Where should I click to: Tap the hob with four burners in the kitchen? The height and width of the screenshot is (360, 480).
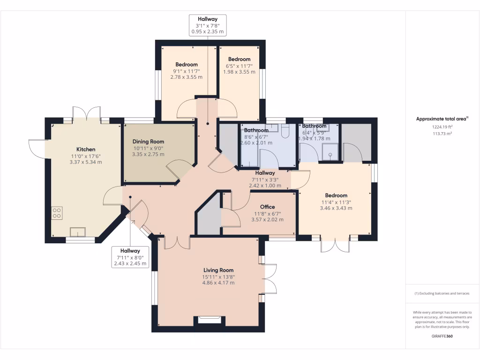click(57, 213)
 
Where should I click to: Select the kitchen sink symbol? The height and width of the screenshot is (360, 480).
click(78, 232)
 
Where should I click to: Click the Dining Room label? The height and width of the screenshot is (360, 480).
click(148, 142)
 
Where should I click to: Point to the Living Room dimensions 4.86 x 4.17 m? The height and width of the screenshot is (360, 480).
click(218, 283)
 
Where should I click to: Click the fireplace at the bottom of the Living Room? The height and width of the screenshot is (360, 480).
click(209, 320)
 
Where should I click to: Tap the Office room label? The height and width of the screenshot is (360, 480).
click(267, 207)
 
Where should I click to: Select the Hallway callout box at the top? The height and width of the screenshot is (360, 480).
click(208, 25)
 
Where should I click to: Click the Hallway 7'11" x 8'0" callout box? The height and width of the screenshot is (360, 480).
click(130, 257)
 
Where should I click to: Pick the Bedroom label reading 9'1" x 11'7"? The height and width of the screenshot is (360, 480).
click(187, 65)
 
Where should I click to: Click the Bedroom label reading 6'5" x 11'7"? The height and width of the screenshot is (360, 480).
click(239, 60)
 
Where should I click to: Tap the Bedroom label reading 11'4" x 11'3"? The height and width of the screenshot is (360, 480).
click(336, 195)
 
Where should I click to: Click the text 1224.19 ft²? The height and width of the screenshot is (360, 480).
click(442, 127)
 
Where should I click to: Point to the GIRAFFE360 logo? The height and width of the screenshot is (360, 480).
click(442, 336)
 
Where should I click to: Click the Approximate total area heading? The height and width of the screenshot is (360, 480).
click(442, 119)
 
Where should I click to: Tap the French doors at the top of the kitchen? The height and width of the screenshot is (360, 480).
click(87, 114)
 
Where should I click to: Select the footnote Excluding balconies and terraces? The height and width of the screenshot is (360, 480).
click(442, 293)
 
